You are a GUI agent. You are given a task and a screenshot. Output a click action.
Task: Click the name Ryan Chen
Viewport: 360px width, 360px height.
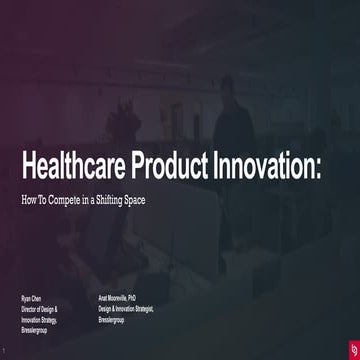pos(32,299)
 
